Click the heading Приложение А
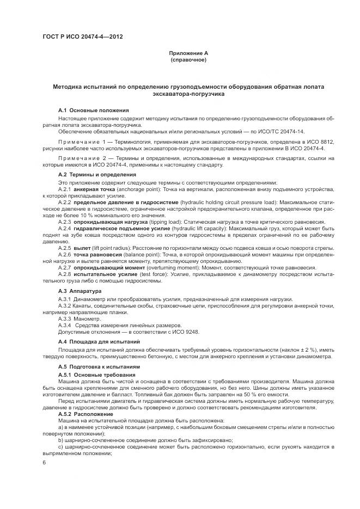tap(188, 53)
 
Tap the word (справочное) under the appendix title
tap(188, 59)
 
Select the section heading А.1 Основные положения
tap(93, 110)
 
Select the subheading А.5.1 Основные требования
tap(96, 376)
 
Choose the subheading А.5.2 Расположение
tap(88, 414)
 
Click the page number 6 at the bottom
tap(44, 462)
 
